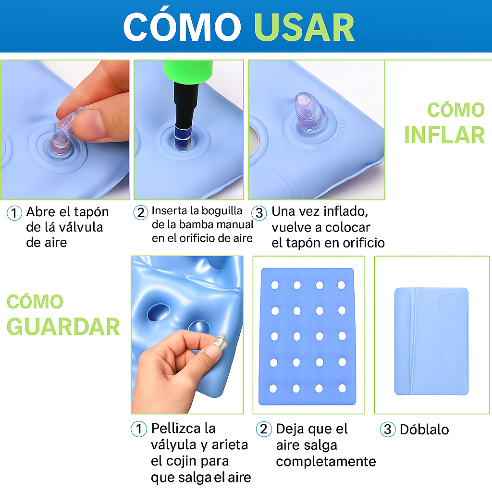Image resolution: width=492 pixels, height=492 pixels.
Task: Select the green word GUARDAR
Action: click(63, 327)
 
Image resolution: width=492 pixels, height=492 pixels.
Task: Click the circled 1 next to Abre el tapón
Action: click(14, 213)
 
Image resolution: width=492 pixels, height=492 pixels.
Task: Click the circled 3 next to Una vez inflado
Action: click(259, 212)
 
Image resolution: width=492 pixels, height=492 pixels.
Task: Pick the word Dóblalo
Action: click(424, 429)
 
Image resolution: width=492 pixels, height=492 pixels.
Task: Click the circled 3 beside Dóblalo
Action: click(387, 429)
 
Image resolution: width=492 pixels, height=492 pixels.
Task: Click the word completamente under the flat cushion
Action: click(326, 462)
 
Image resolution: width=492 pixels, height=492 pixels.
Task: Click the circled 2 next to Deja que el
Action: click(263, 429)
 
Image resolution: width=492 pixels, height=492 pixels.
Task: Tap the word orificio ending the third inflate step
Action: click(356, 243)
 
